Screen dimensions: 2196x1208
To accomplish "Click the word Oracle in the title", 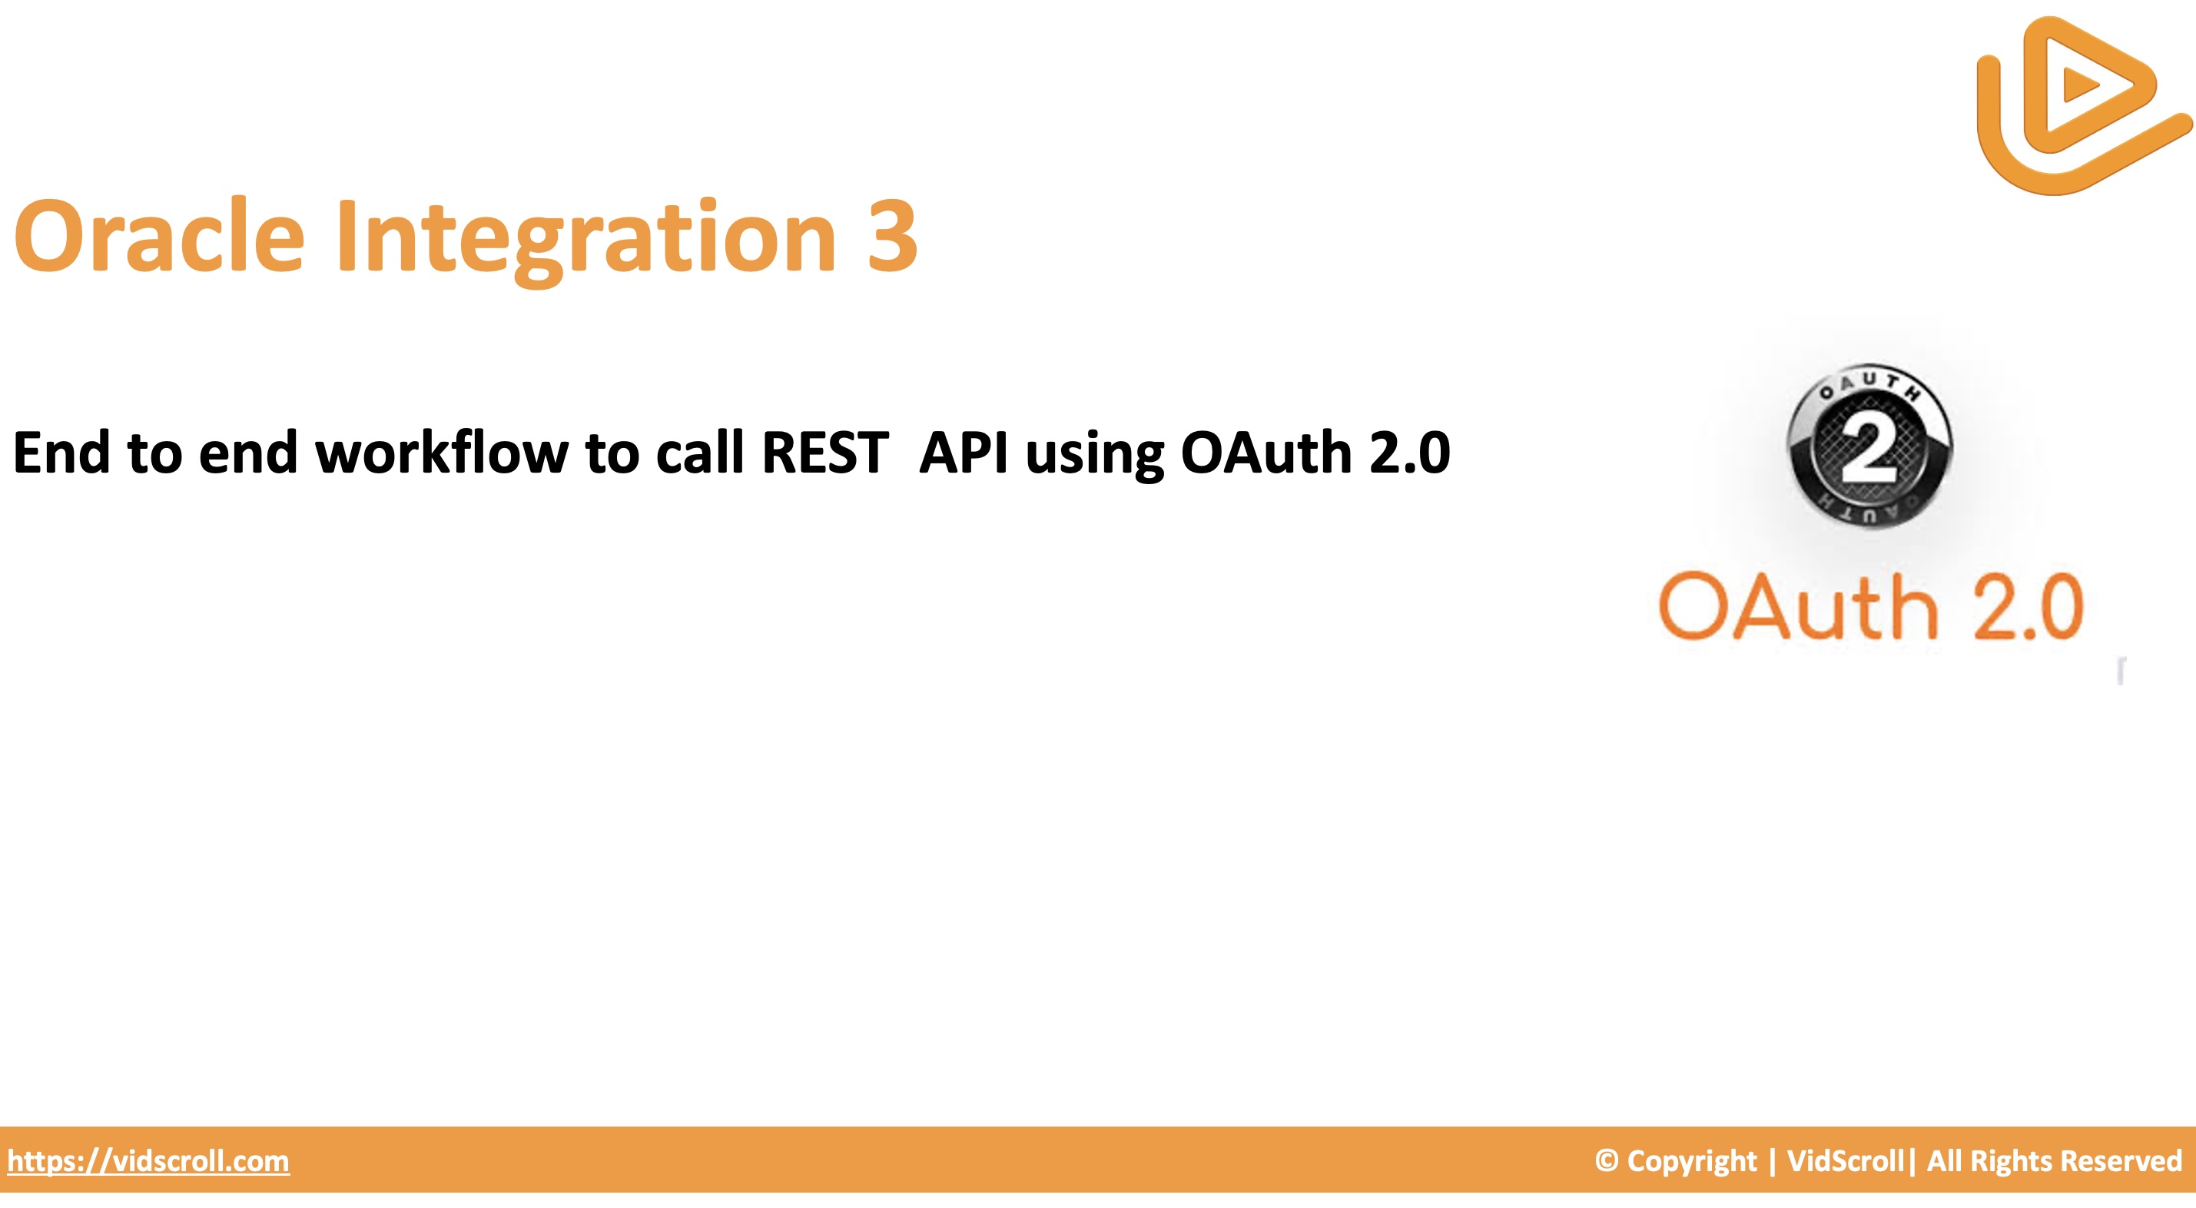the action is pyautogui.click(x=159, y=235).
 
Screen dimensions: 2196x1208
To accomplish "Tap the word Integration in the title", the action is pyautogui.click(x=586, y=240).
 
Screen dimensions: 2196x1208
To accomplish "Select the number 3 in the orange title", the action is pyautogui.click(x=893, y=235).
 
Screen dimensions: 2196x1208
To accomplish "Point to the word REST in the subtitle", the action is pyautogui.click(x=824, y=452).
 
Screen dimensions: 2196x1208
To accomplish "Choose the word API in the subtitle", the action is pyautogui.click(x=964, y=452).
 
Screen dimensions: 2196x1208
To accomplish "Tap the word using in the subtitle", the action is pyautogui.click(x=1095, y=455).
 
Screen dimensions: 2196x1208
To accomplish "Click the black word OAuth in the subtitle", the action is pyautogui.click(x=1266, y=452).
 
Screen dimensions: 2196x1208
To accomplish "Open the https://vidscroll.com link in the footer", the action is pyautogui.click(x=148, y=1161).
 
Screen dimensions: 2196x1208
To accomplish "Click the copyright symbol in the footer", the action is pyautogui.click(x=1606, y=1160).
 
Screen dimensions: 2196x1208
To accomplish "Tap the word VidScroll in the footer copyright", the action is pyautogui.click(x=1845, y=1160).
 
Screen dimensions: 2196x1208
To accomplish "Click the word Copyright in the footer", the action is pyautogui.click(x=1692, y=1162).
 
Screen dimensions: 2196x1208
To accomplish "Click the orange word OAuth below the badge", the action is pyautogui.click(x=1798, y=606).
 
